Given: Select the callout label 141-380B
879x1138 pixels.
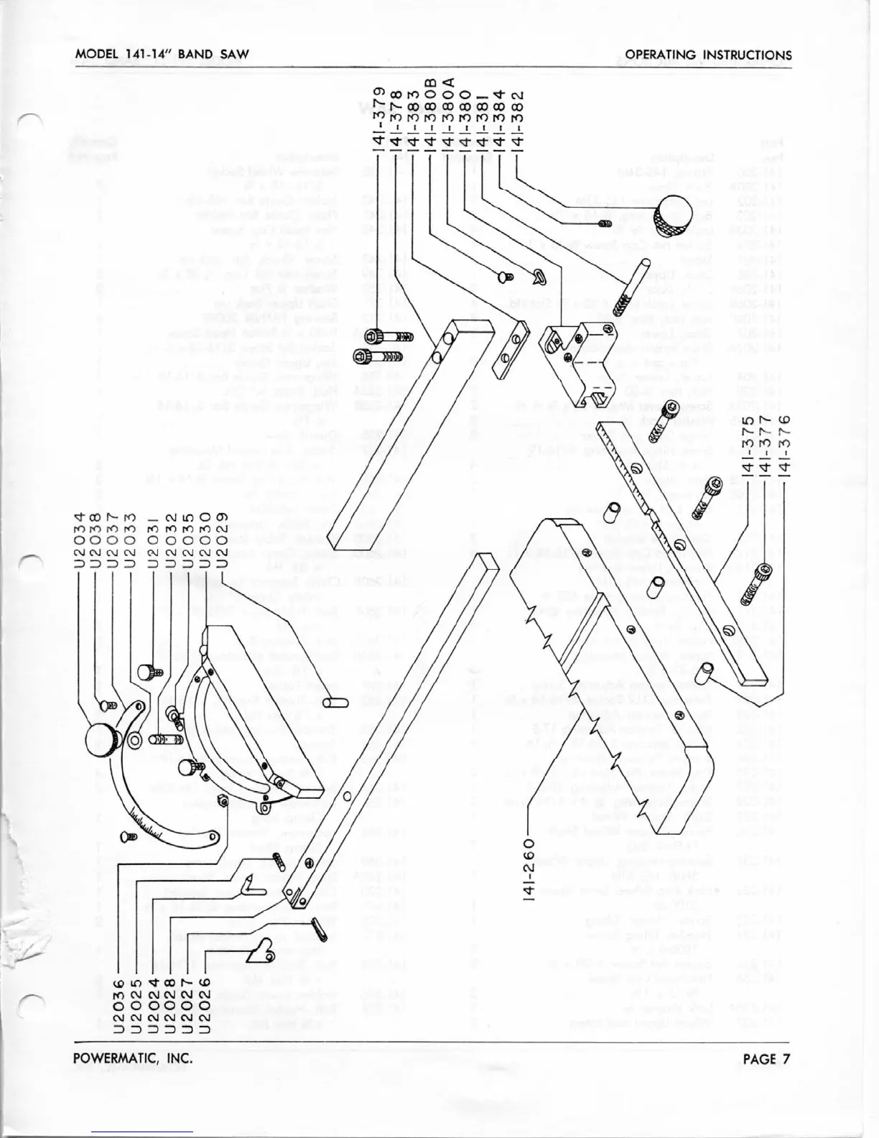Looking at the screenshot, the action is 430,108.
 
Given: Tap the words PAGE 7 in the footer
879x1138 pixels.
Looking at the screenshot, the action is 767,1058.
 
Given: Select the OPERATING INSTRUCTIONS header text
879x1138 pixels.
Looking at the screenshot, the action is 708,55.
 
